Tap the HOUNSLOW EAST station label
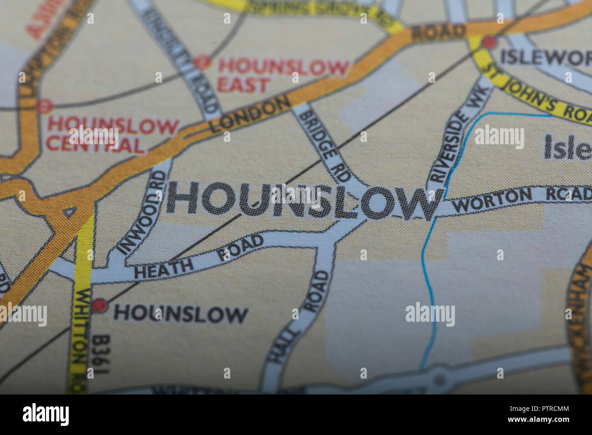pyautogui.click(x=283, y=76)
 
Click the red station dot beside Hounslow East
pyautogui.click(x=201, y=62)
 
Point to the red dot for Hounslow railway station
pyautogui.click(x=99, y=306)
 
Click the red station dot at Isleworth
pyautogui.click(x=488, y=43)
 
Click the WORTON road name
pyautogui.click(x=491, y=201)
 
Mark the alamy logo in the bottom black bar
pyautogui.click(x=46, y=415)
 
